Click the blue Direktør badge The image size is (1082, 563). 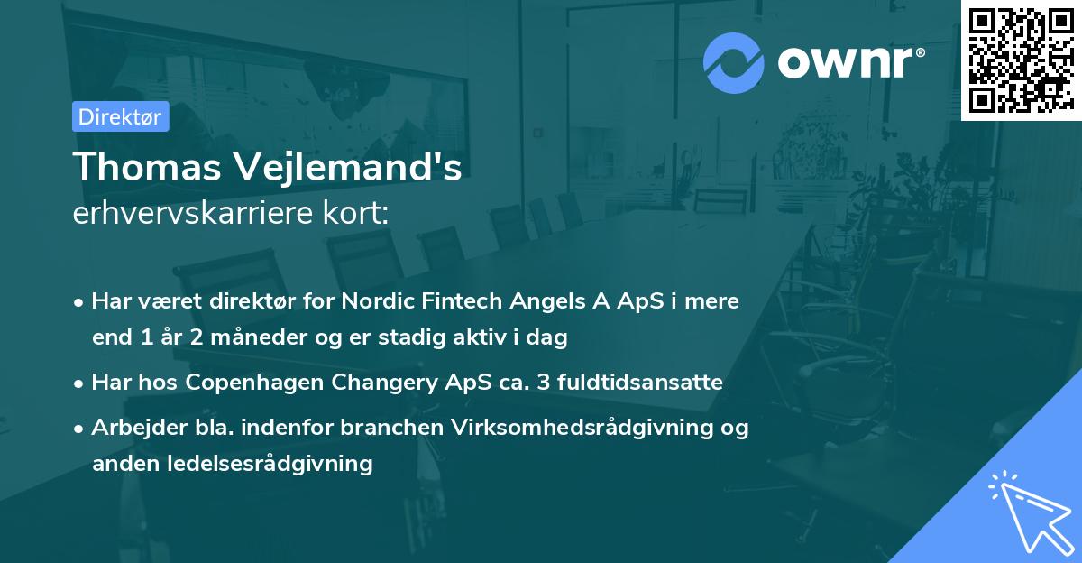tap(120, 116)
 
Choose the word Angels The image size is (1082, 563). tap(548, 301)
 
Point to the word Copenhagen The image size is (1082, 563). tap(259, 383)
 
